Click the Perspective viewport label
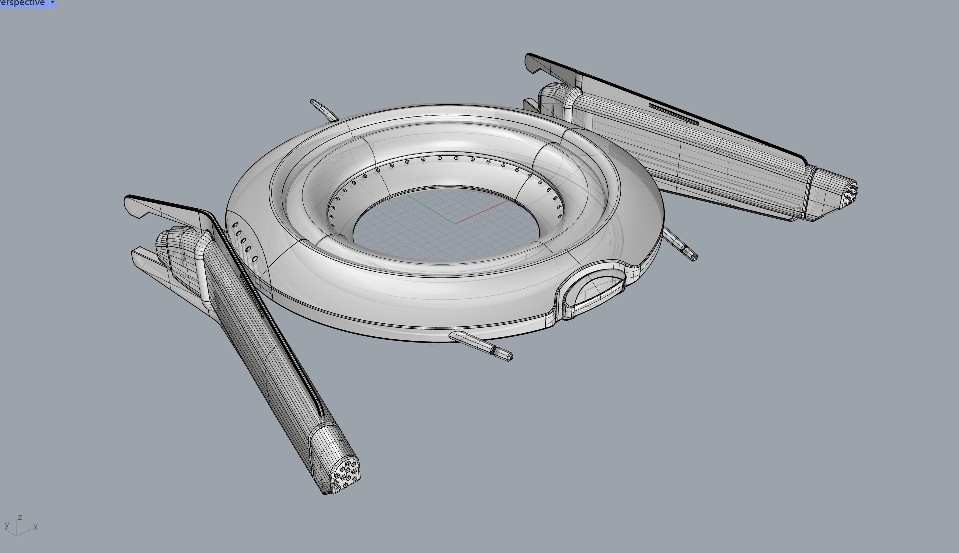click(23, 3)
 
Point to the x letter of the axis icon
click(35, 527)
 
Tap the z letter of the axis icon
click(20, 517)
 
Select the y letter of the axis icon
click(6, 525)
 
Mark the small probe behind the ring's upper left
click(323, 110)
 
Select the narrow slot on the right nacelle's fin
click(673, 114)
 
